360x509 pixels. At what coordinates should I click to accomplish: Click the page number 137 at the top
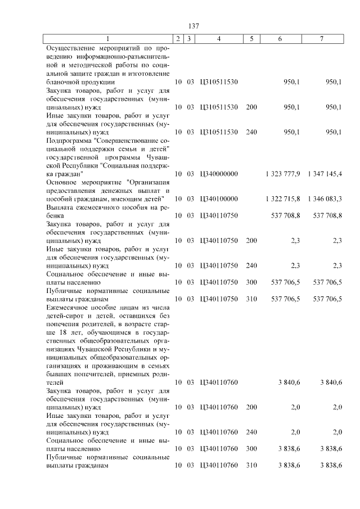tap(194, 26)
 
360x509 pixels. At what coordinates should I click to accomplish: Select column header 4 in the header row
tap(219, 39)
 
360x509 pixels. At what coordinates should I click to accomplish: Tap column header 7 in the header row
tap(322, 39)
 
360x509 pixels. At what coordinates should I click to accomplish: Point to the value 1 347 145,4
tap(325, 174)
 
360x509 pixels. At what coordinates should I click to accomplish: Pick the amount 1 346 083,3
tap(325, 199)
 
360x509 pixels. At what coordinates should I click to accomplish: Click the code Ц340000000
tap(219, 174)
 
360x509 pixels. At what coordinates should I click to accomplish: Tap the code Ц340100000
tap(219, 199)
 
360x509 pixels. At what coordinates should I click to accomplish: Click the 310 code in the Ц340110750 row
tap(251, 299)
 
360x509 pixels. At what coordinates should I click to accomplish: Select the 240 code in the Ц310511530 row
tap(251, 132)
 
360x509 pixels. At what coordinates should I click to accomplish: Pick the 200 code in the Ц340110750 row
tap(251, 240)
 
